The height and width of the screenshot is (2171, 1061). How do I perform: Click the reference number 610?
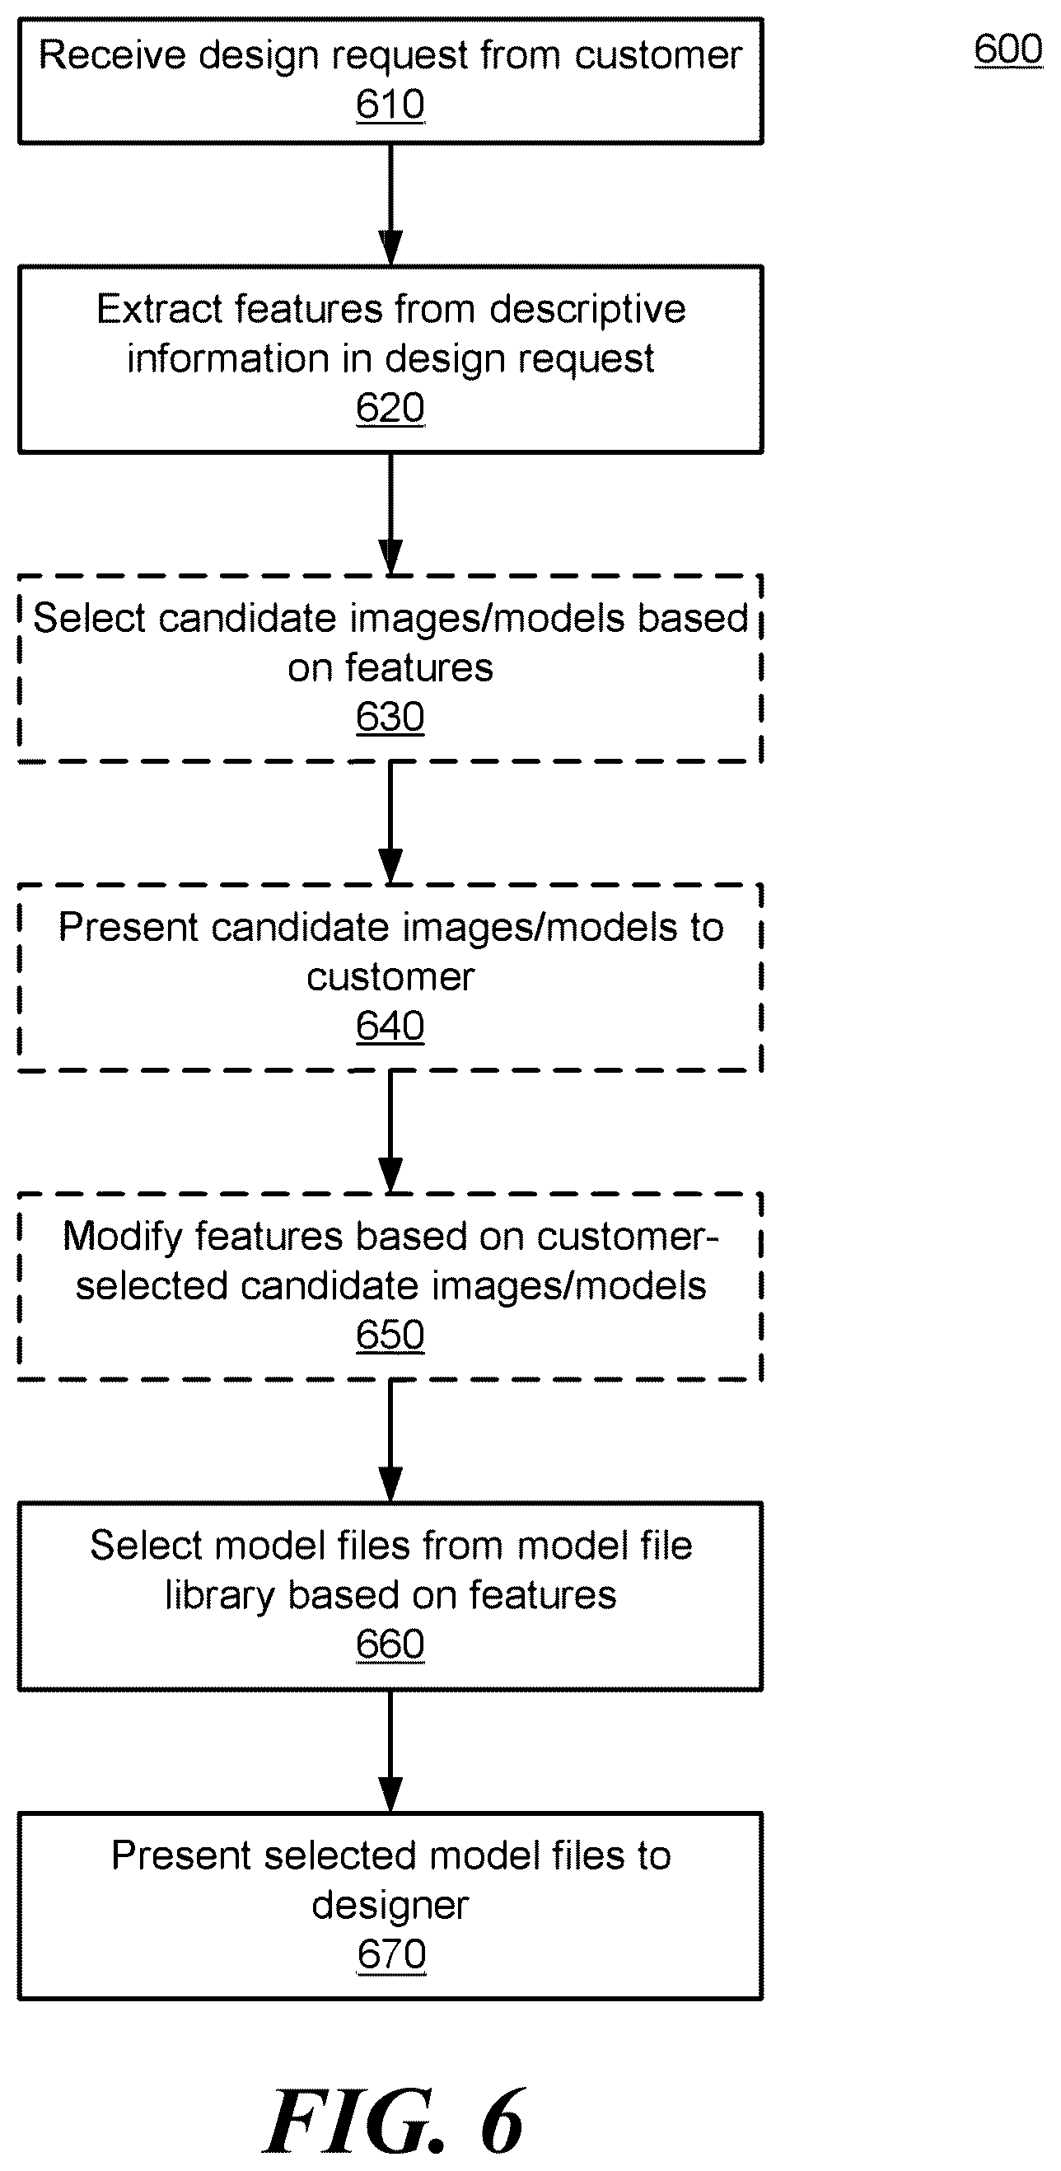pyautogui.click(x=390, y=105)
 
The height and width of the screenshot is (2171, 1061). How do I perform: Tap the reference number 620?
pyautogui.click(x=390, y=408)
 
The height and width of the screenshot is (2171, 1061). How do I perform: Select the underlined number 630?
pyautogui.click(x=390, y=717)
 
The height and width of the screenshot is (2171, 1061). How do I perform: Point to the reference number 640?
pyautogui.click(x=390, y=1027)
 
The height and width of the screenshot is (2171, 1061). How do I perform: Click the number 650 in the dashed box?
pyautogui.click(x=390, y=1336)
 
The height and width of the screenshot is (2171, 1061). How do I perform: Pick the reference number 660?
pyautogui.click(x=390, y=1645)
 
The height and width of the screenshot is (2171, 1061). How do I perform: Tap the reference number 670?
pyautogui.click(x=391, y=1955)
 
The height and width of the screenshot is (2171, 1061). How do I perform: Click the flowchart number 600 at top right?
pyautogui.click(x=1009, y=49)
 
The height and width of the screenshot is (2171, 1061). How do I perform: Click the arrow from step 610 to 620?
pyautogui.click(x=390, y=205)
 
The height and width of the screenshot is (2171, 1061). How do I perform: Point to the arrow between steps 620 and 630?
pyautogui.click(x=390, y=514)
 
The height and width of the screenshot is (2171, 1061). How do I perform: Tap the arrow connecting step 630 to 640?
pyautogui.click(x=390, y=823)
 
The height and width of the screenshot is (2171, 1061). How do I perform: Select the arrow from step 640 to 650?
pyautogui.click(x=390, y=1133)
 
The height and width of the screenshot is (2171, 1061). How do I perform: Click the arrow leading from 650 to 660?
pyautogui.click(x=390, y=1442)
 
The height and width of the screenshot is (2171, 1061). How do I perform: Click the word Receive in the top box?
pyautogui.click(x=112, y=56)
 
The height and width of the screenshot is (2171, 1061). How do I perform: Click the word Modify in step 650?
pyautogui.click(x=123, y=1238)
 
